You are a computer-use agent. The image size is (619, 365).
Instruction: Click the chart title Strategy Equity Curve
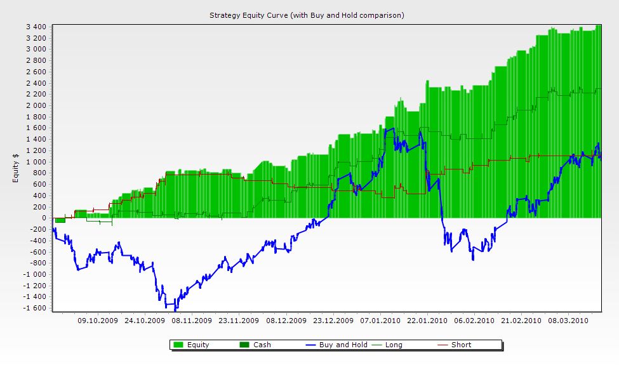307,15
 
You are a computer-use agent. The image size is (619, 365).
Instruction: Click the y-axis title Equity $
16,168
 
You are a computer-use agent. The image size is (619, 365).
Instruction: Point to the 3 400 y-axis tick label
36,27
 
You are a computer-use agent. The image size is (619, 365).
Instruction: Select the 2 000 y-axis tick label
36,105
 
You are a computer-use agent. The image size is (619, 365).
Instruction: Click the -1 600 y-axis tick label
34,309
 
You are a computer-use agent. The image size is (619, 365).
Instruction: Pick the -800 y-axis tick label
37,263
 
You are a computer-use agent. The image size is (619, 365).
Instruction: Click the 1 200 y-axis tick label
36,150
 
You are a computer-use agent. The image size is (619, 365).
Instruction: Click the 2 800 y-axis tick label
36,60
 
